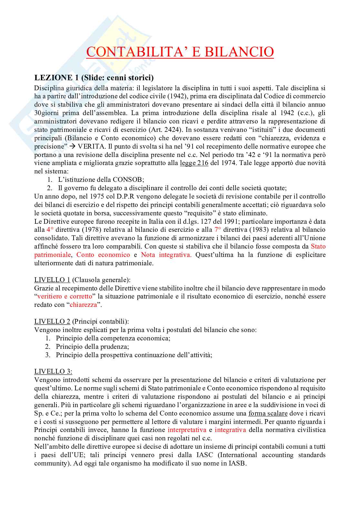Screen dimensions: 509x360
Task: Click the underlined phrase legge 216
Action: (194, 163)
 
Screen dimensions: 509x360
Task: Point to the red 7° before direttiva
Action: (218, 230)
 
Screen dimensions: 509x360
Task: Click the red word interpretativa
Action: (187, 430)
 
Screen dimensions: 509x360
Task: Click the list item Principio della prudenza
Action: (92, 347)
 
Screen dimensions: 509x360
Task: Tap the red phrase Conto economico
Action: (103, 255)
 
